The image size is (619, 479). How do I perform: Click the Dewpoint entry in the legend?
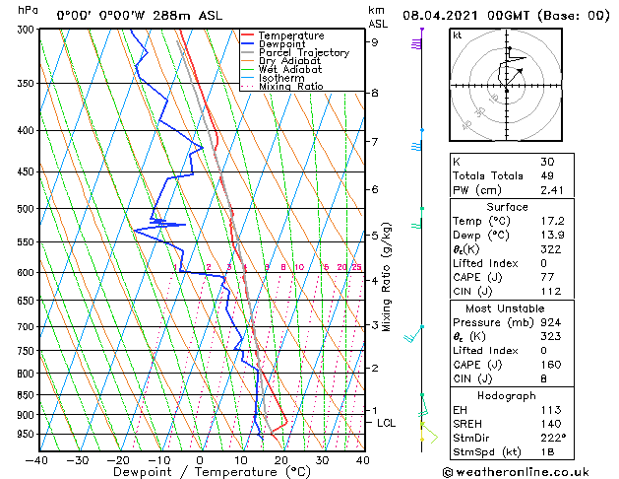coord(288,44)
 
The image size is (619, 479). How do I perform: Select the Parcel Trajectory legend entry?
coord(303,53)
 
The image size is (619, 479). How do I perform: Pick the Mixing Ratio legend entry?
coord(290,87)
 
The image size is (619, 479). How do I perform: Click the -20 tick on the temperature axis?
coord(118,459)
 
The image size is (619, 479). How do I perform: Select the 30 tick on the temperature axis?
coord(322,459)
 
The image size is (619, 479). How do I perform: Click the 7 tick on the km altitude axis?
coord(375,142)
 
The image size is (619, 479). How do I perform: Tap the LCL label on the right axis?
coord(387,423)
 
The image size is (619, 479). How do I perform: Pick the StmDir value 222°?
coord(553,438)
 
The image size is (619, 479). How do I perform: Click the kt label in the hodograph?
coord(458,34)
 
